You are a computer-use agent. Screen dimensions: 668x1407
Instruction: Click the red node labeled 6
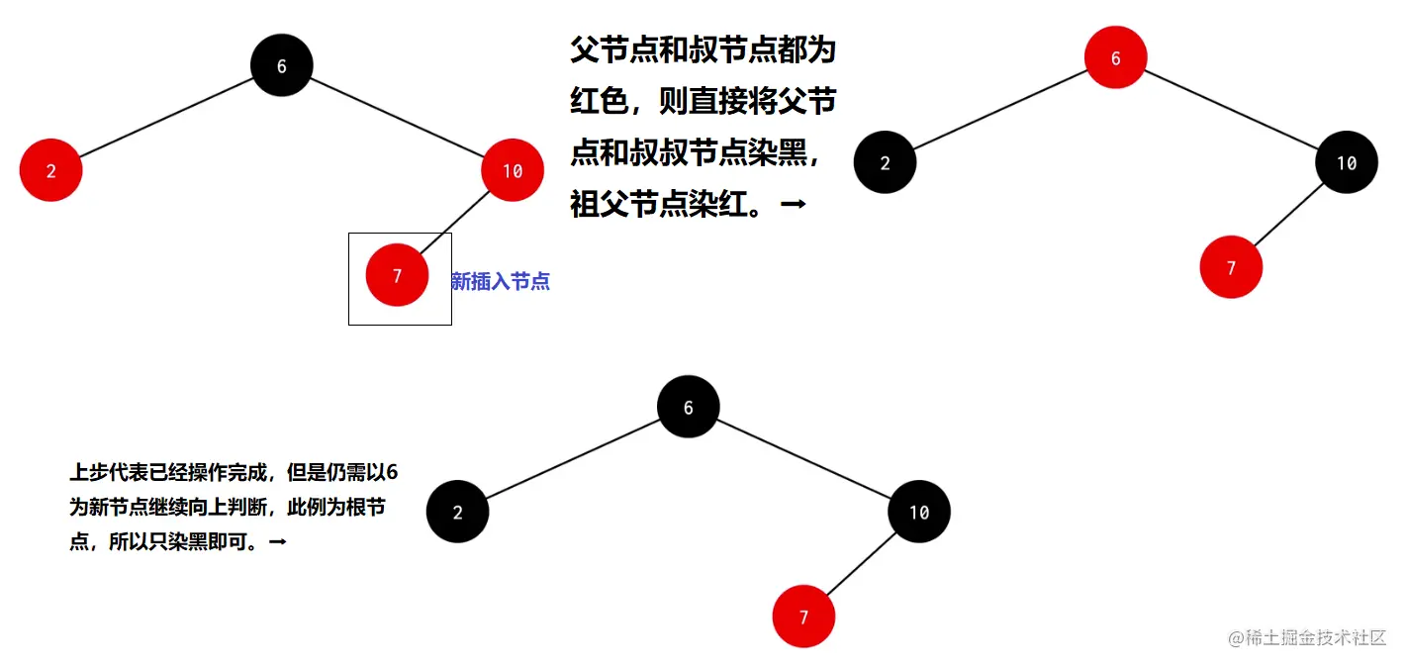click(1115, 57)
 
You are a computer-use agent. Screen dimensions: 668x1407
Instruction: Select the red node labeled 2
click(50, 170)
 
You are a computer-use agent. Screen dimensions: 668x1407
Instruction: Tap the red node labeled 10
click(513, 170)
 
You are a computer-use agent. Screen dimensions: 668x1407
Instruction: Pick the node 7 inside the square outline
click(397, 275)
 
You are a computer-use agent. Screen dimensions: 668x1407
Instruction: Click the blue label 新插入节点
click(500, 282)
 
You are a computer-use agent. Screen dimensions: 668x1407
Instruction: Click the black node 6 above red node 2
click(282, 65)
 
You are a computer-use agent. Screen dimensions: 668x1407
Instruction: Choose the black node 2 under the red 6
click(885, 162)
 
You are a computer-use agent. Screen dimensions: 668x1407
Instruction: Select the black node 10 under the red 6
click(1346, 162)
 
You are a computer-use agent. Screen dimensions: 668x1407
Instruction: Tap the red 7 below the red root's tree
click(1231, 267)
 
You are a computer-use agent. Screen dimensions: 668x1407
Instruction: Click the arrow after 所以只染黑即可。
click(277, 542)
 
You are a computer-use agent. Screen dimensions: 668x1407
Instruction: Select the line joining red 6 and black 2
click(999, 110)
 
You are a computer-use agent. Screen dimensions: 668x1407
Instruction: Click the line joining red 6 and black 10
click(1232, 110)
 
